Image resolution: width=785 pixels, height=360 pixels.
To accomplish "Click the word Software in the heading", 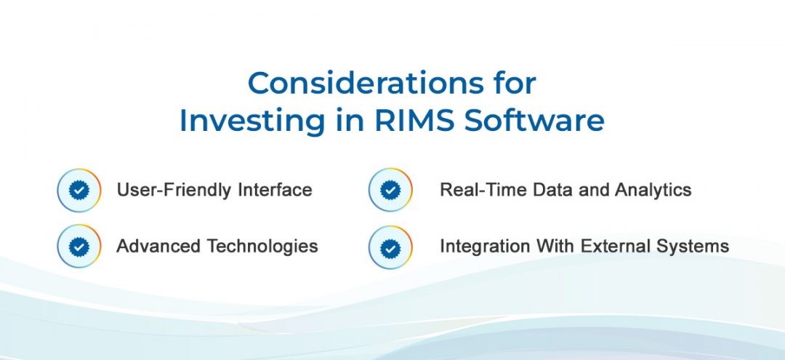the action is click(x=534, y=121).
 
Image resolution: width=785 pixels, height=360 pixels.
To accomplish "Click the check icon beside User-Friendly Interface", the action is click(x=79, y=191).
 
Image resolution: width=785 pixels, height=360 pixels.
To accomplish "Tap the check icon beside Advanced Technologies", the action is click(x=79, y=247).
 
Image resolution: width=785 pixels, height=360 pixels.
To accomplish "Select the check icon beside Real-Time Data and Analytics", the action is click(x=390, y=191).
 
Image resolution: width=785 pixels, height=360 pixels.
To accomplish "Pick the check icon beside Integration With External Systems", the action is click(x=390, y=247).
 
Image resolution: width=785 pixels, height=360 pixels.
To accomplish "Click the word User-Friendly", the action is click(x=174, y=191).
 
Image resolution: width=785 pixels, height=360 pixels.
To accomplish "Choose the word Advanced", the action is click(x=158, y=246).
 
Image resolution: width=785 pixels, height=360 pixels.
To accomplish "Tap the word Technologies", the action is click(x=262, y=247).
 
